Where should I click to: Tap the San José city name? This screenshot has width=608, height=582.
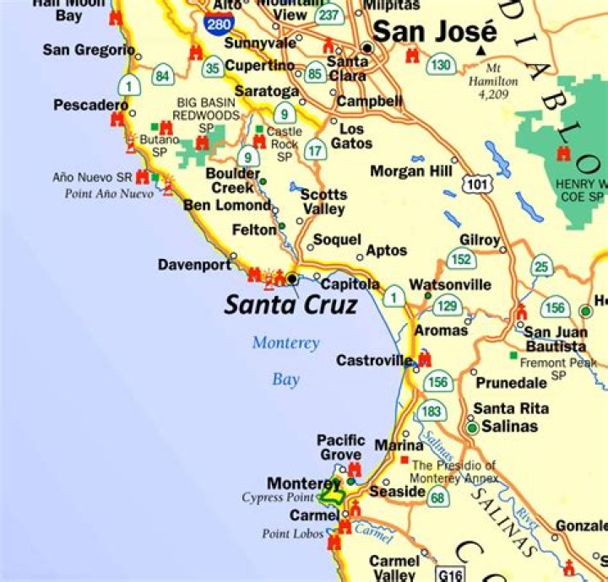[x=434, y=33]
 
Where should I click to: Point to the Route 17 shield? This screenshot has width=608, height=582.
[x=314, y=151]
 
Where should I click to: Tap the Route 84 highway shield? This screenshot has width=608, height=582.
[x=162, y=78]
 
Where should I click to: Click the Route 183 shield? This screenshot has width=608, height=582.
[x=431, y=412]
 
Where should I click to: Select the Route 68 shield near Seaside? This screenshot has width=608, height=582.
[x=437, y=497]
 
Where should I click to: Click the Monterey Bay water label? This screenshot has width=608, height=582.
[x=286, y=361]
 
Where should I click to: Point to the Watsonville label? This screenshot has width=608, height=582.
[x=449, y=285]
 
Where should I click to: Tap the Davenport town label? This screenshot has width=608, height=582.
[x=194, y=265]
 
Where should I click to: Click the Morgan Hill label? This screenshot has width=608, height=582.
[x=411, y=171]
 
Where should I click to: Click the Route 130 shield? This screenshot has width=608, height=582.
[x=441, y=65]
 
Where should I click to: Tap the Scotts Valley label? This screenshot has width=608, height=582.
[x=323, y=202]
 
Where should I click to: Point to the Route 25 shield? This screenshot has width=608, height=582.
[x=541, y=268]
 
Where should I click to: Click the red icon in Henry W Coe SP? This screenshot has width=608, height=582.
[x=563, y=154]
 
